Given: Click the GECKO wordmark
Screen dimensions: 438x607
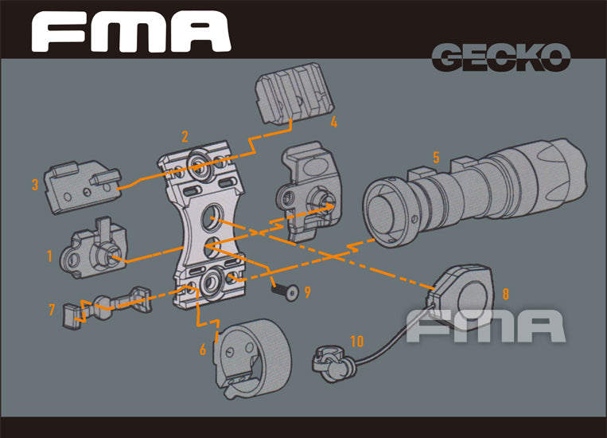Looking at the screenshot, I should (501, 57).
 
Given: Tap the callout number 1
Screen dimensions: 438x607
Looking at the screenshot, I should (49, 256).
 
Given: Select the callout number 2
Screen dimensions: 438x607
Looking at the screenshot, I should (185, 137).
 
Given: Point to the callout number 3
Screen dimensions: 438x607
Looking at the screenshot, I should (35, 186).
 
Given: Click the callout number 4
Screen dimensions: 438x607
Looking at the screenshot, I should (334, 123).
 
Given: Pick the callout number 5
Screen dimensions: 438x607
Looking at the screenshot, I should (436, 157).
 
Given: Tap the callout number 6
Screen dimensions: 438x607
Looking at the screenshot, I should (203, 350).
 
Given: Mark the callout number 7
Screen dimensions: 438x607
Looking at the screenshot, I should (52, 308).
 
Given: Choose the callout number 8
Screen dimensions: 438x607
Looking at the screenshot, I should (505, 292).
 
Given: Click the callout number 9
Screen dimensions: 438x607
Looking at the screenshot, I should (307, 291).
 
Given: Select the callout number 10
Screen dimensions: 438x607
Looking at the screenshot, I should (356, 341).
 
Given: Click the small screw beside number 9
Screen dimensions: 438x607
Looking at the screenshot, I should (287, 291).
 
